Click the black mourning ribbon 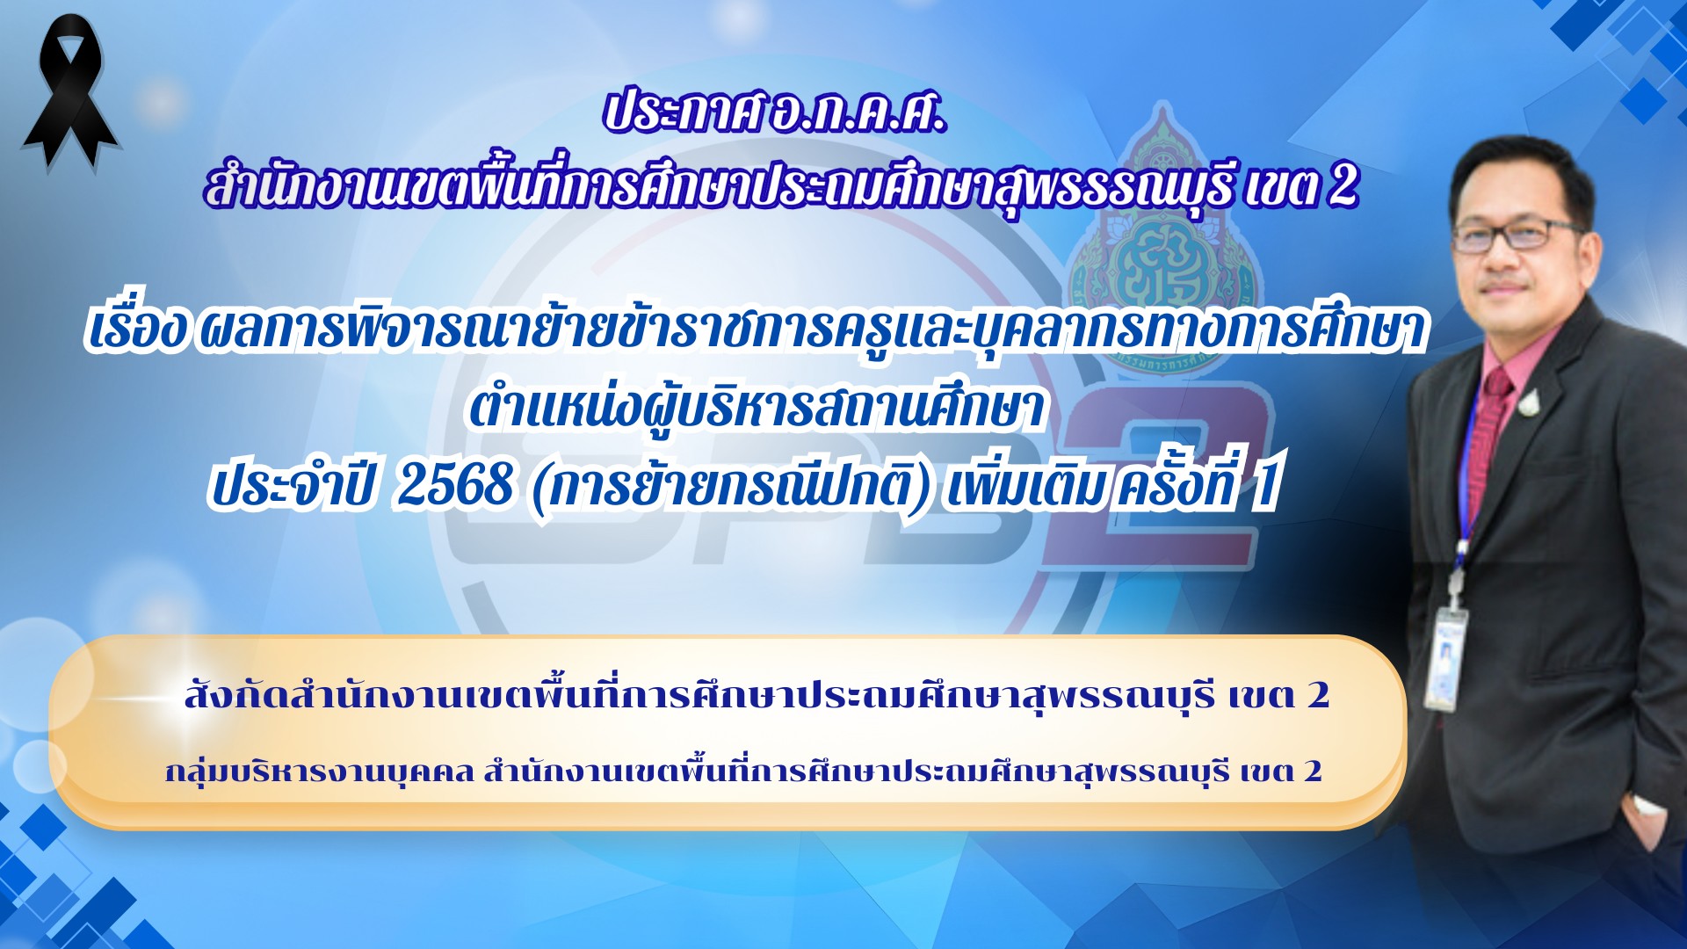pos(69,91)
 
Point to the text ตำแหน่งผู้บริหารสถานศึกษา pos(757,408)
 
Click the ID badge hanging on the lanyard pos(1445,659)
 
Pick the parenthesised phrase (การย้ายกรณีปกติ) pos(731,486)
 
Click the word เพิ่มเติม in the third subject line pos(1025,486)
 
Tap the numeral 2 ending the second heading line pos(1343,185)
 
